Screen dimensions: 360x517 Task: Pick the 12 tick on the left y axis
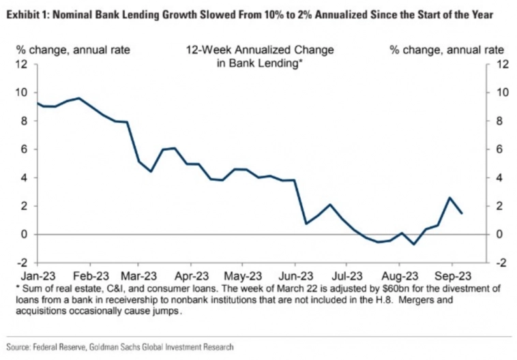click(x=23, y=64)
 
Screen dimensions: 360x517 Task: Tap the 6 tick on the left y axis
click(x=25, y=149)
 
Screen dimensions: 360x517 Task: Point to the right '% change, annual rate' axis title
click(x=447, y=50)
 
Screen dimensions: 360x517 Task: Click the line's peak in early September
click(x=449, y=198)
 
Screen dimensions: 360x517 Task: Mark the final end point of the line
click(x=462, y=213)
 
